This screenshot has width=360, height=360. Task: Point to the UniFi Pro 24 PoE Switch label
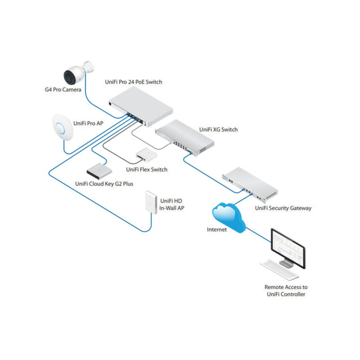(x=133, y=82)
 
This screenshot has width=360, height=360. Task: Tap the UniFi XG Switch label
(x=218, y=130)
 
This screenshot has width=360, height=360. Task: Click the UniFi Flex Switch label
(x=147, y=169)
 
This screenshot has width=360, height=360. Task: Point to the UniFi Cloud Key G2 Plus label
(x=104, y=184)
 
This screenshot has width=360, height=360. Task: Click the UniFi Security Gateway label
(x=283, y=208)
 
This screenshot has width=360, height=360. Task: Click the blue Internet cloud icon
(x=229, y=215)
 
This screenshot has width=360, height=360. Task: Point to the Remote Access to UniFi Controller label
(x=286, y=291)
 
